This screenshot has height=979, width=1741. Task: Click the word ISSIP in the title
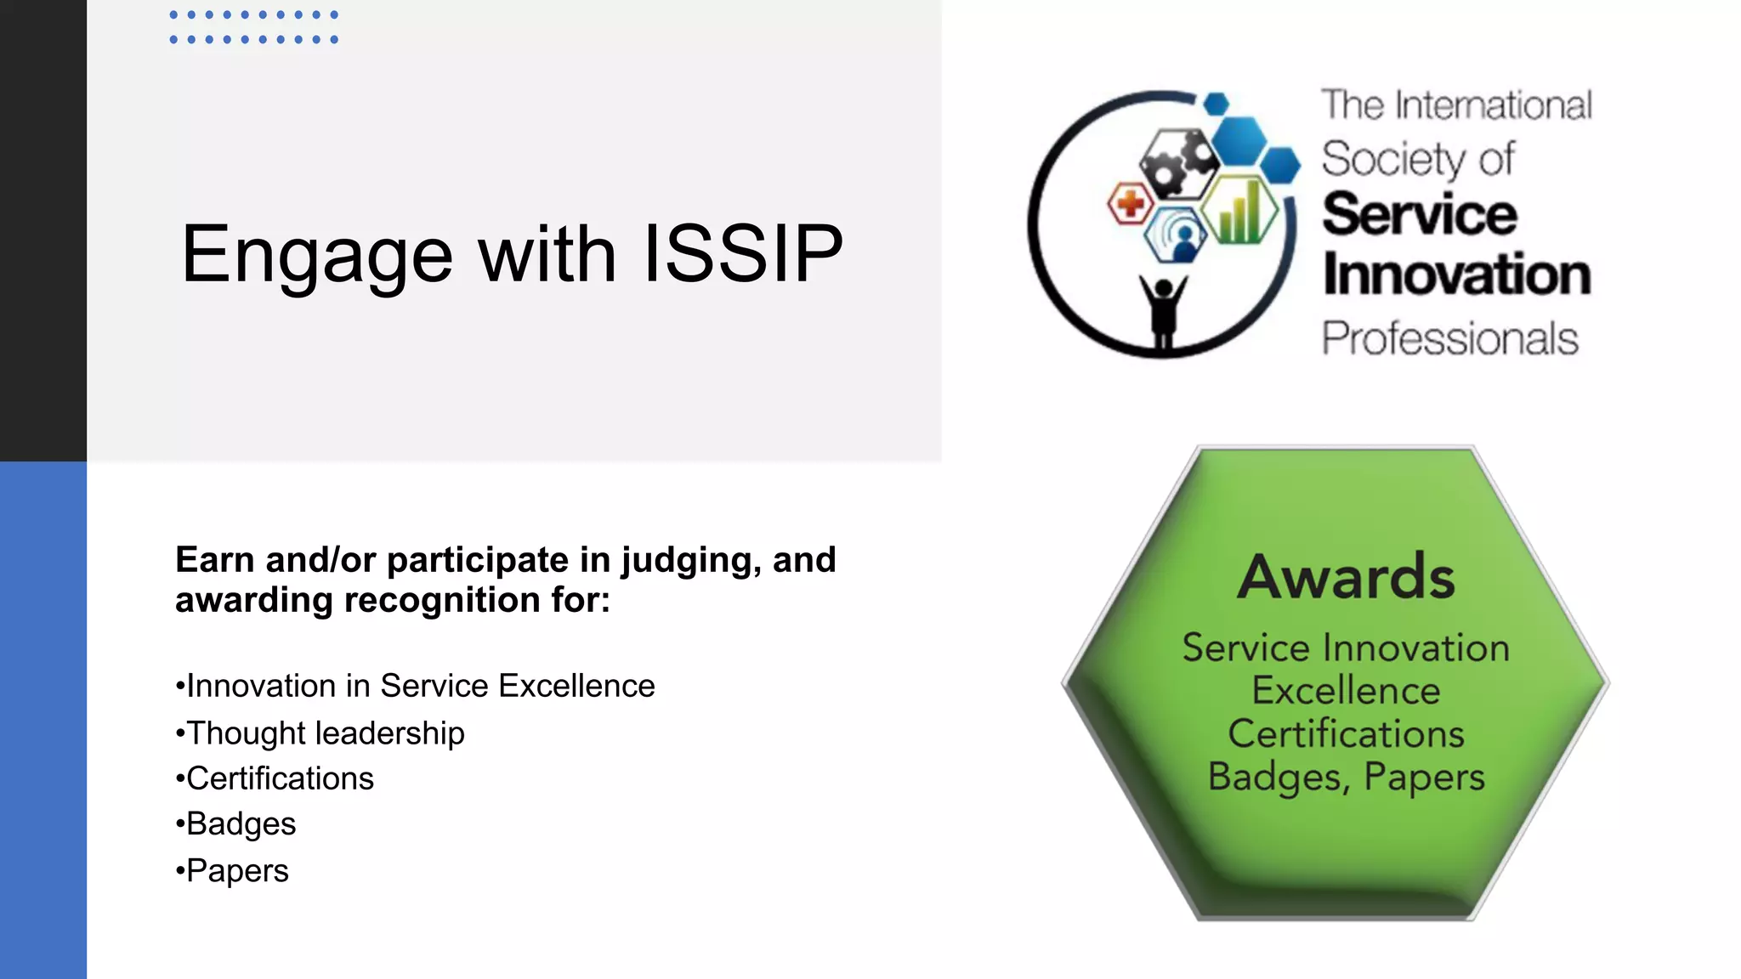pos(742,253)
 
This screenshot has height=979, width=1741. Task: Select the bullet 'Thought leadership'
pos(325,733)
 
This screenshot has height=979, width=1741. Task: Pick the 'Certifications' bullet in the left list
pos(280,778)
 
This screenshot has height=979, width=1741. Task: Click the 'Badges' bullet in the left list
pos(241,824)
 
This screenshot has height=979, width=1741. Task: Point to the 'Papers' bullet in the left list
pos(237,871)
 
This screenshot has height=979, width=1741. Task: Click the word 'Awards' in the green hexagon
pos(1346,577)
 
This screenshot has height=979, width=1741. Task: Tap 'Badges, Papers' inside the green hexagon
pos(1346,777)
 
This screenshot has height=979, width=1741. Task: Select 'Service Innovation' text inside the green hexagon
pos(1346,648)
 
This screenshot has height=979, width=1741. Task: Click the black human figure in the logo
pos(1162,311)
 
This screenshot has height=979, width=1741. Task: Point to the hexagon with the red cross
pos(1130,204)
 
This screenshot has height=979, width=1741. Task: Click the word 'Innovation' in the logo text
pos(1456,275)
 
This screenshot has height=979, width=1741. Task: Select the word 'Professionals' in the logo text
pos(1449,338)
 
